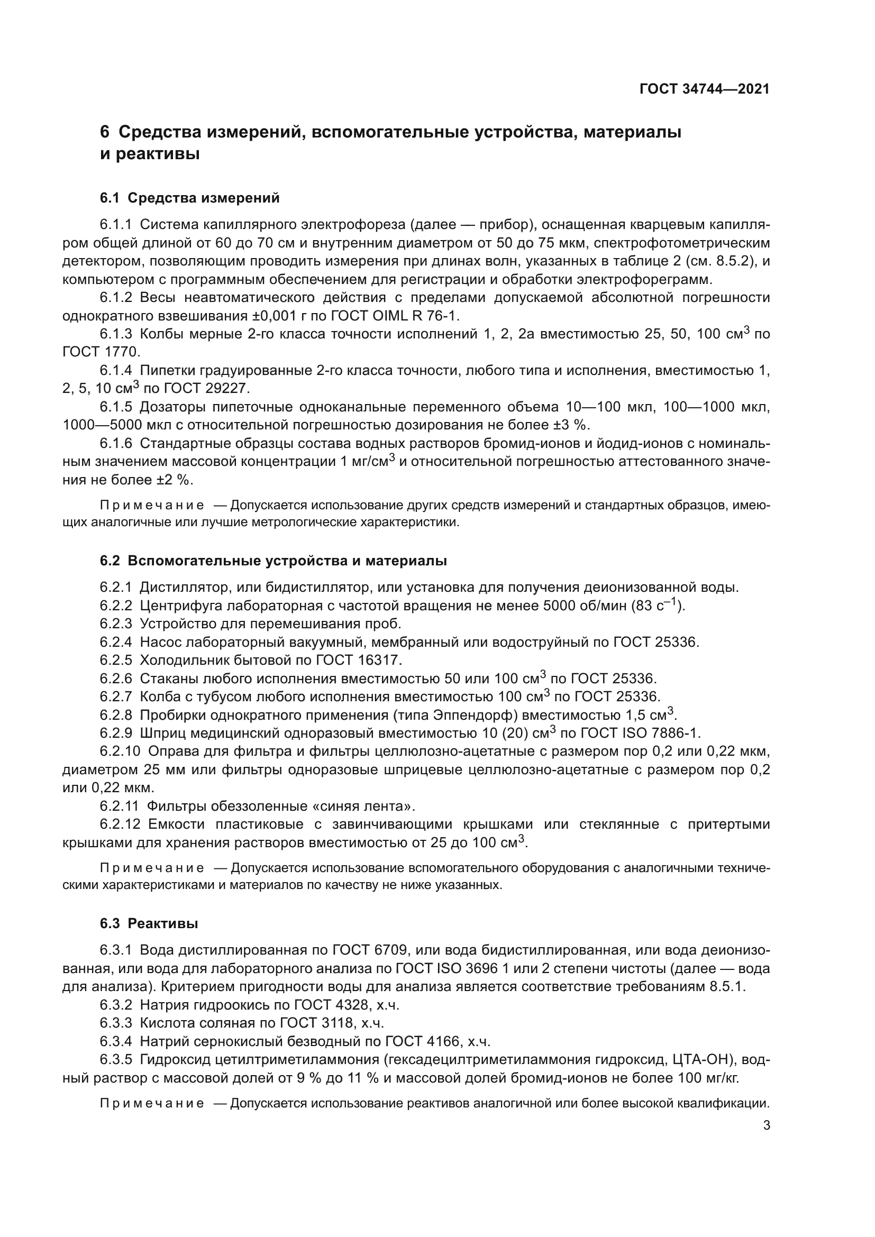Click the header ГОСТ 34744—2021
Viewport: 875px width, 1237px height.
pos(704,89)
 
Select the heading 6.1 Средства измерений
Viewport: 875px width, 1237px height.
pos(190,198)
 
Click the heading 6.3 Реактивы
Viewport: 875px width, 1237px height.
pos(149,923)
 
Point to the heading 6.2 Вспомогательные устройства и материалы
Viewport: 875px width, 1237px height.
pos(273,561)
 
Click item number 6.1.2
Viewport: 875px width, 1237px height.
pos(115,297)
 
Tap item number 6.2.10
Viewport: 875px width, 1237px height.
pos(119,751)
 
